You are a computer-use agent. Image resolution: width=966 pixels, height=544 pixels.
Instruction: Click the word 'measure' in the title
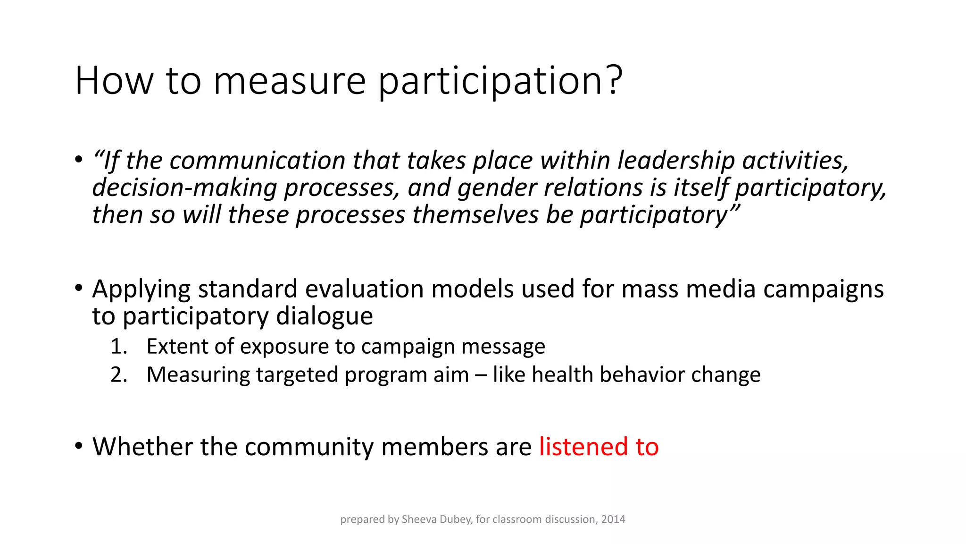(x=290, y=81)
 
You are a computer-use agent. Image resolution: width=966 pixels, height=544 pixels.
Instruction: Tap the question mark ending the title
(x=614, y=80)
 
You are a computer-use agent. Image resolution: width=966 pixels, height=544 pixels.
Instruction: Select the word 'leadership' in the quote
(x=676, y=160)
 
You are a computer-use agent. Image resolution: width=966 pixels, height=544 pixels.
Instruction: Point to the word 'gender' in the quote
(x=497, y=187)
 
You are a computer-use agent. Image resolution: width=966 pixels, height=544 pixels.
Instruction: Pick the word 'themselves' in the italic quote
(x=475, y=215)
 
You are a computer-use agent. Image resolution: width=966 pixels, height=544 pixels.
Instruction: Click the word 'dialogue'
(x=324, y=316)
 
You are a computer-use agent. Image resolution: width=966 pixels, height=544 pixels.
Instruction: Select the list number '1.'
(x=119, y=347)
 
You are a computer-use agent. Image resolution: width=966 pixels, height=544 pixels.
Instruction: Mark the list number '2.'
(x=119, y=375)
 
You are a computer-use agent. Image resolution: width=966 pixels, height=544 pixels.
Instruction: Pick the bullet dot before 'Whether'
(x=79, y=446)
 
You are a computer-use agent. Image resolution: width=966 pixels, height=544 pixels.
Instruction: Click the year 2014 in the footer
(x=613, y=519)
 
